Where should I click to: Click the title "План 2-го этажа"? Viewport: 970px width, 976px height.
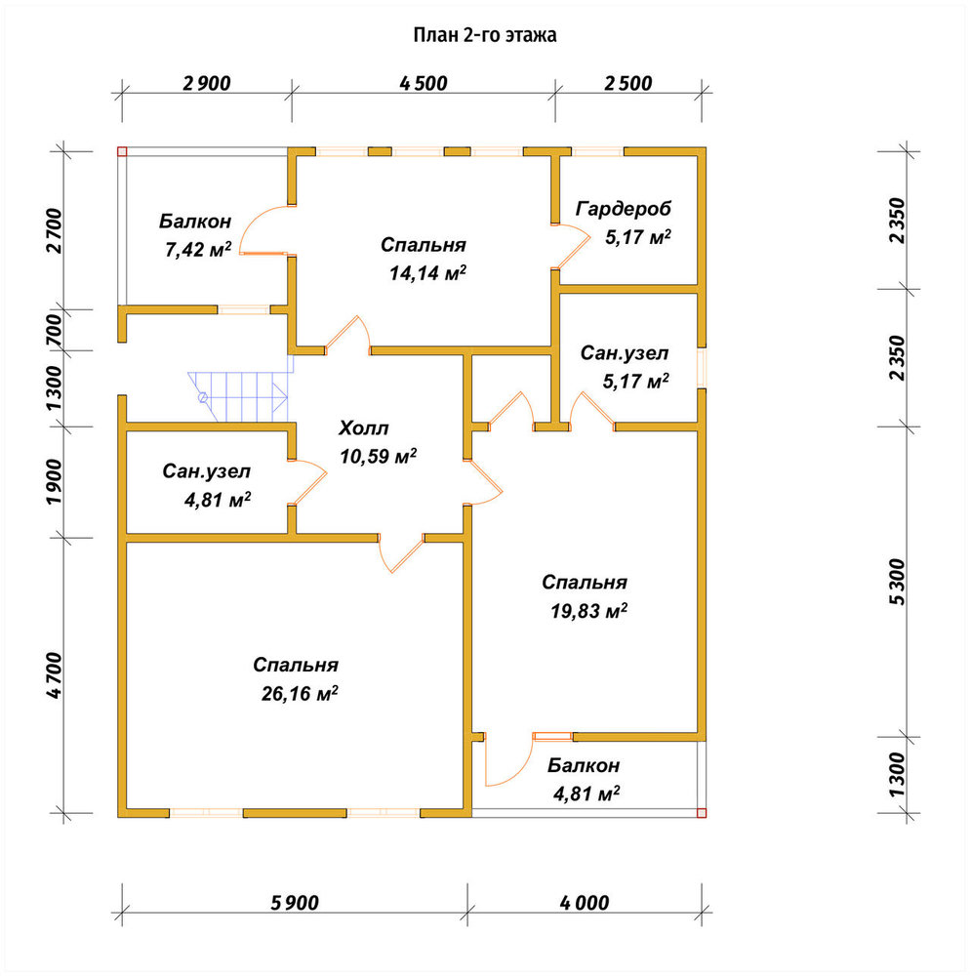click(485, 35)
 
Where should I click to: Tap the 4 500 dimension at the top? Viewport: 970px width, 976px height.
click(424, 83)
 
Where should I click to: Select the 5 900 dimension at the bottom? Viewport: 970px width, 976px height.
click(295, 903)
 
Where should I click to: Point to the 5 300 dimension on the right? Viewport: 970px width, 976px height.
click(897, 582)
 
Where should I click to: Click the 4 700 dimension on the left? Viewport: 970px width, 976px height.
click(54, 675)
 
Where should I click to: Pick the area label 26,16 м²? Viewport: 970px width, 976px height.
click(300, 693)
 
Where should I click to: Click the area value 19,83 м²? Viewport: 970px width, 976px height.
click(588, 611)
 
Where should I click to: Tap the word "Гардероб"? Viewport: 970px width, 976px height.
click(624, 209)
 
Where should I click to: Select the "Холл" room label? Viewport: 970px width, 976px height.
click(364, 428)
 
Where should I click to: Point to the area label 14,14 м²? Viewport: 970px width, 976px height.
click(428, 272)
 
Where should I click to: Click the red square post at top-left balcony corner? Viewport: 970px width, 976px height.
click(123, 151)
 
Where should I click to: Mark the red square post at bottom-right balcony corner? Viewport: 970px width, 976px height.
click(702, 812)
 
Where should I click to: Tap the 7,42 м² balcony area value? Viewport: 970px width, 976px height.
click(198, 250)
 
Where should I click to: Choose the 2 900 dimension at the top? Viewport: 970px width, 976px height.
click(207, 83)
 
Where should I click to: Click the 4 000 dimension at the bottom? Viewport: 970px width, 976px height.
click(585, 903)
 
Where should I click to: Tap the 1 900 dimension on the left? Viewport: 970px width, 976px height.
click(54, 482)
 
